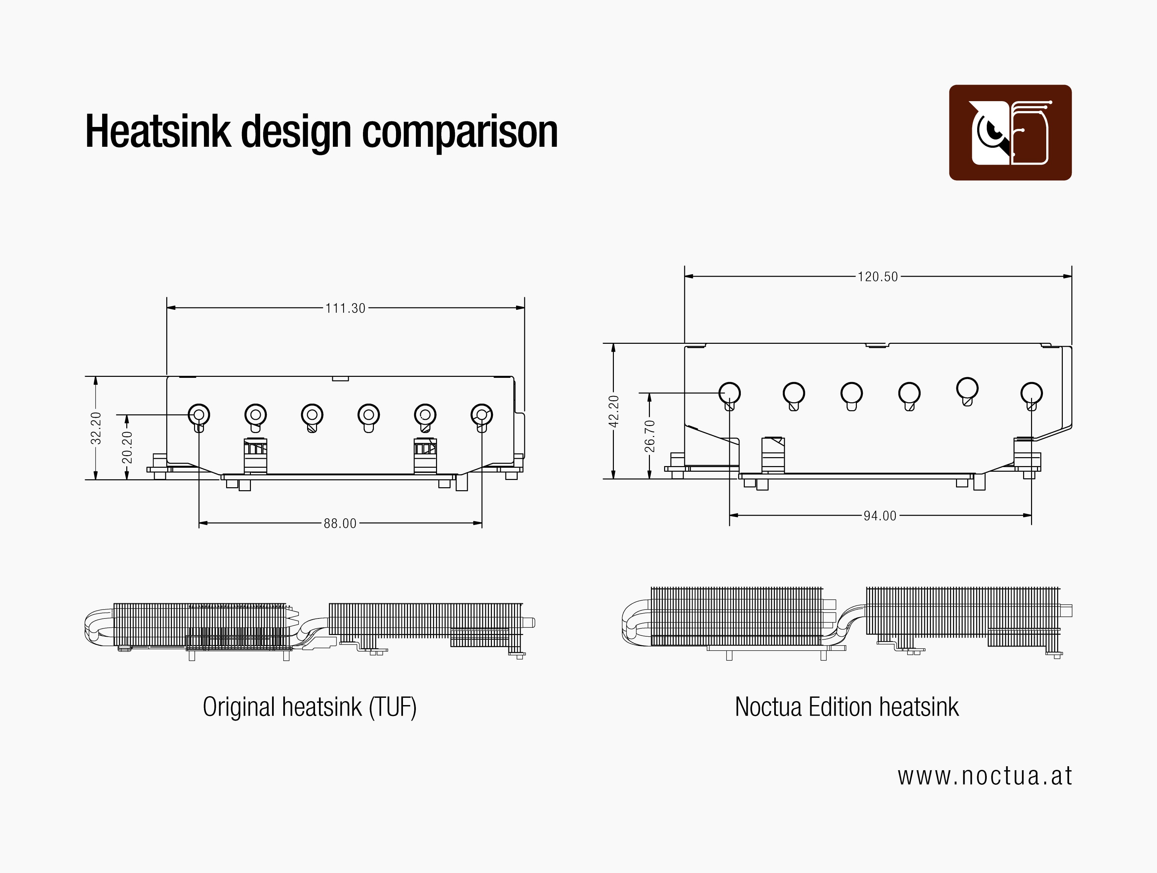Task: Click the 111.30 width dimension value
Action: tap(345, 308)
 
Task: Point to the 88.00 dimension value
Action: tap(340, 523)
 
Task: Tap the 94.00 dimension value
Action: tap(880, 516)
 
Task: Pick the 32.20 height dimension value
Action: tap(96, 428)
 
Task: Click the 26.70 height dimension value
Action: tap(649, 436)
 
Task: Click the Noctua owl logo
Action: tap(1010, 133)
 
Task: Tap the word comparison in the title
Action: tap(460, 132)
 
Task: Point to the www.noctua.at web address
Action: tap(984, 776)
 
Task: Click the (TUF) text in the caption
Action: tap(392, 707)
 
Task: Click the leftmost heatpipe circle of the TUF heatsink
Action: tap(199, 415)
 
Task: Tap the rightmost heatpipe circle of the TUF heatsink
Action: tap(481, 415)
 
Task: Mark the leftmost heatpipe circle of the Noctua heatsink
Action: tap(729, 393)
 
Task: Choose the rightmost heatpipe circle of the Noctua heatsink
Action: tap(1031, 393)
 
